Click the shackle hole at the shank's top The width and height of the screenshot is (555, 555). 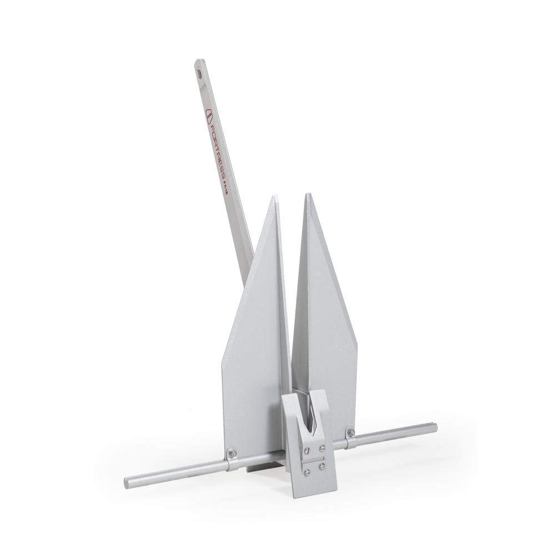coord(199,71)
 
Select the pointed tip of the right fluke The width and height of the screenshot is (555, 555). coord(306,195)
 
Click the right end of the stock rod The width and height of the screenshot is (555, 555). coord(435,427)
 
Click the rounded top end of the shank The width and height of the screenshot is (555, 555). coord(198,61)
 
